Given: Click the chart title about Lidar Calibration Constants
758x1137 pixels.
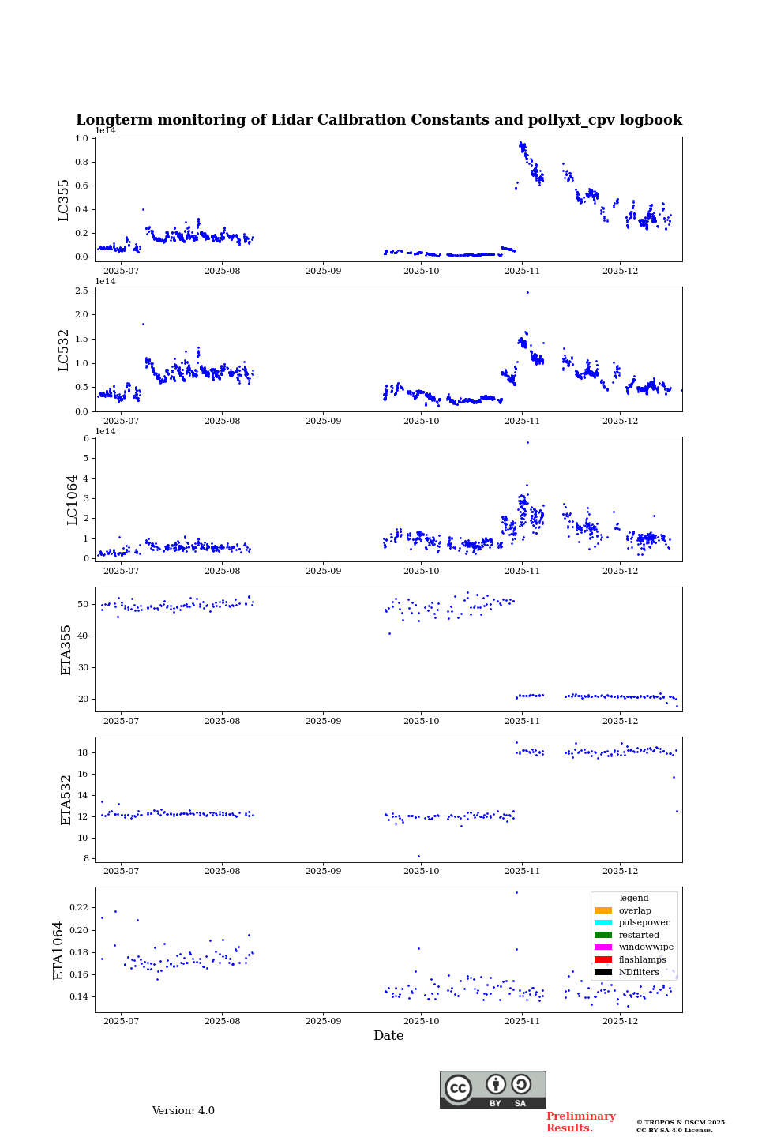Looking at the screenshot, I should (x=378, y=120).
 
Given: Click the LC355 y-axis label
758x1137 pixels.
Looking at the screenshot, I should (x=64, y=199).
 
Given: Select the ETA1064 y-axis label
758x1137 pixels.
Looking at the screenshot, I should (x=58, y=950).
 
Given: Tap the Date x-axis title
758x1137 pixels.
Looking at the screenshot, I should (x=388, y=1036).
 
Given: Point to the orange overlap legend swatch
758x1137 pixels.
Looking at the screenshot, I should (x=603, y=910).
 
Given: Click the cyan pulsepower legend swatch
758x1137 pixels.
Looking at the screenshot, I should (x=603, y=923).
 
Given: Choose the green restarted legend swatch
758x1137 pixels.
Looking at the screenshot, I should (x=603, y=935).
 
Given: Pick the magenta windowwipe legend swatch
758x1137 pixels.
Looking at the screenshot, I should (x=603, y=947).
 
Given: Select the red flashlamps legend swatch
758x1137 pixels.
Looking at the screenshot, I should (x=603, y=960).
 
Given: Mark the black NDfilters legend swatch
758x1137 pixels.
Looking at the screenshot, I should (x=603, y=972).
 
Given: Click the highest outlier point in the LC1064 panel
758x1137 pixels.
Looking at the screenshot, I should (x=527, y=442).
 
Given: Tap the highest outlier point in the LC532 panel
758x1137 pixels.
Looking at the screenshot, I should (x=527, y=292).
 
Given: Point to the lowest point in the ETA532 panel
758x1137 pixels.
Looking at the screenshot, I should (x=418, y=856).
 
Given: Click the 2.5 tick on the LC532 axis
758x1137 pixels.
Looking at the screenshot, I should (x=81, y=291).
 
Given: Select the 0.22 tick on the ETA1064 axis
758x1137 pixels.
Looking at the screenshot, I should (x=78, y=908).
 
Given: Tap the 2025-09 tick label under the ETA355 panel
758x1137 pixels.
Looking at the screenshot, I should (x=323, y=721).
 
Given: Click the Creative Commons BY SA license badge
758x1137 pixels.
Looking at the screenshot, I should (x=493, y=1090).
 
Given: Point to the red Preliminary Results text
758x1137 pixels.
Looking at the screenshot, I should (x=580, y=1122).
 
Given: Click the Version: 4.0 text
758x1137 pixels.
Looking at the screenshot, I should (x=183, y=1111).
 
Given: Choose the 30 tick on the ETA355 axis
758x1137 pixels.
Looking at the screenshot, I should (x=83, y=667).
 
